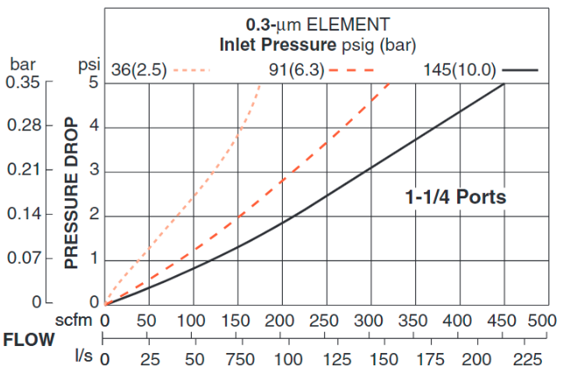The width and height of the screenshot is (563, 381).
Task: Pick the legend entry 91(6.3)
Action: coord(296,70)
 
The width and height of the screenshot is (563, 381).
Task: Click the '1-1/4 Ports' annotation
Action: coord(455,197)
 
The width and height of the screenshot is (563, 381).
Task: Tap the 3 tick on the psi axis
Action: coord(94,172)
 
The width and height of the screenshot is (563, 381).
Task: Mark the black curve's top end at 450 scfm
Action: coord(503,84)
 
